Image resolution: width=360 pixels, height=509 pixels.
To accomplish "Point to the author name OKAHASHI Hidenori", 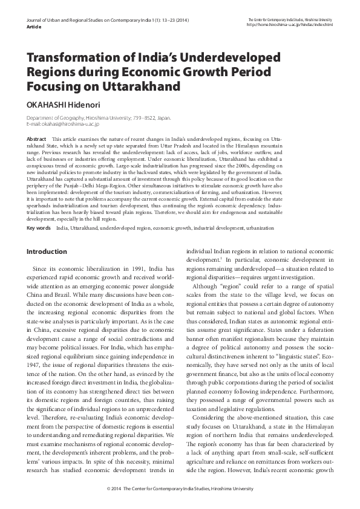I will tap(64, 103).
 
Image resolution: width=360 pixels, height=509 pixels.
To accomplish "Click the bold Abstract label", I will tap(37, 139).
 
